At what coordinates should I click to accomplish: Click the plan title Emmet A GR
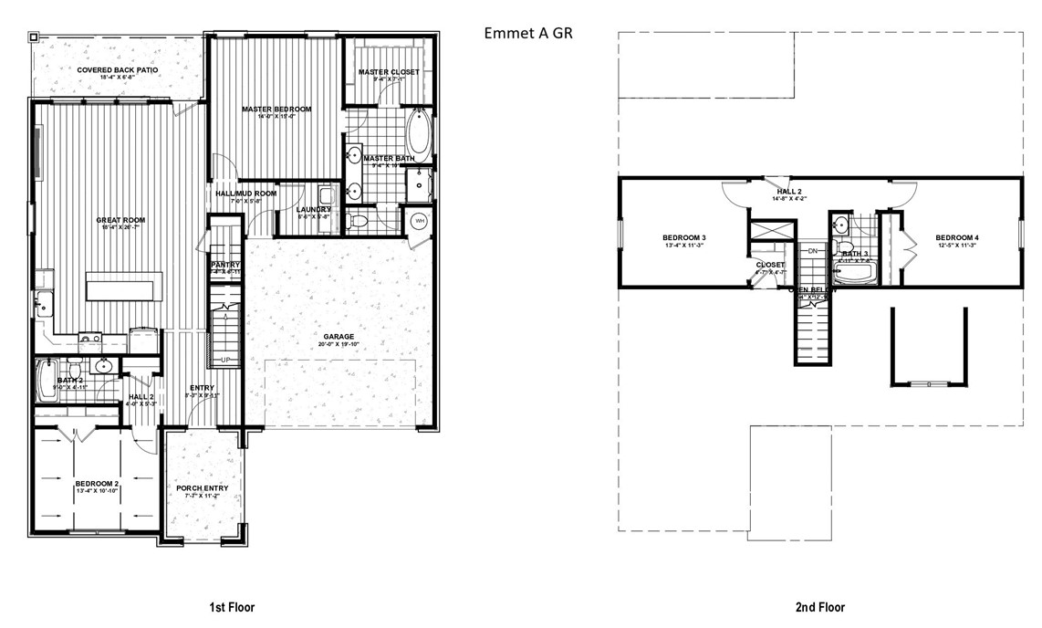click(528, 33)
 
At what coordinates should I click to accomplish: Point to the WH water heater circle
click(420, 221)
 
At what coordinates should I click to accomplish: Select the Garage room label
click(338, 337)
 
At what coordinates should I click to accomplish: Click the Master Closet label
click(389, 72)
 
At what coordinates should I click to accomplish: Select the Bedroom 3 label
click(684, 238)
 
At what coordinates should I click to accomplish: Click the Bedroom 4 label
click(957, 238)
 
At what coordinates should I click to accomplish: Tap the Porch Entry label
click(202, 487)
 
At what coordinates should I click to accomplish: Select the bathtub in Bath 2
click(47, 381)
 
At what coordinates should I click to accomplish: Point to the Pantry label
click(224, 265)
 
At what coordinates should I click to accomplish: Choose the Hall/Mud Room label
click(245, 194)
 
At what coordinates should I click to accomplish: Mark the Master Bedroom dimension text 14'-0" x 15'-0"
click(276, 117)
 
